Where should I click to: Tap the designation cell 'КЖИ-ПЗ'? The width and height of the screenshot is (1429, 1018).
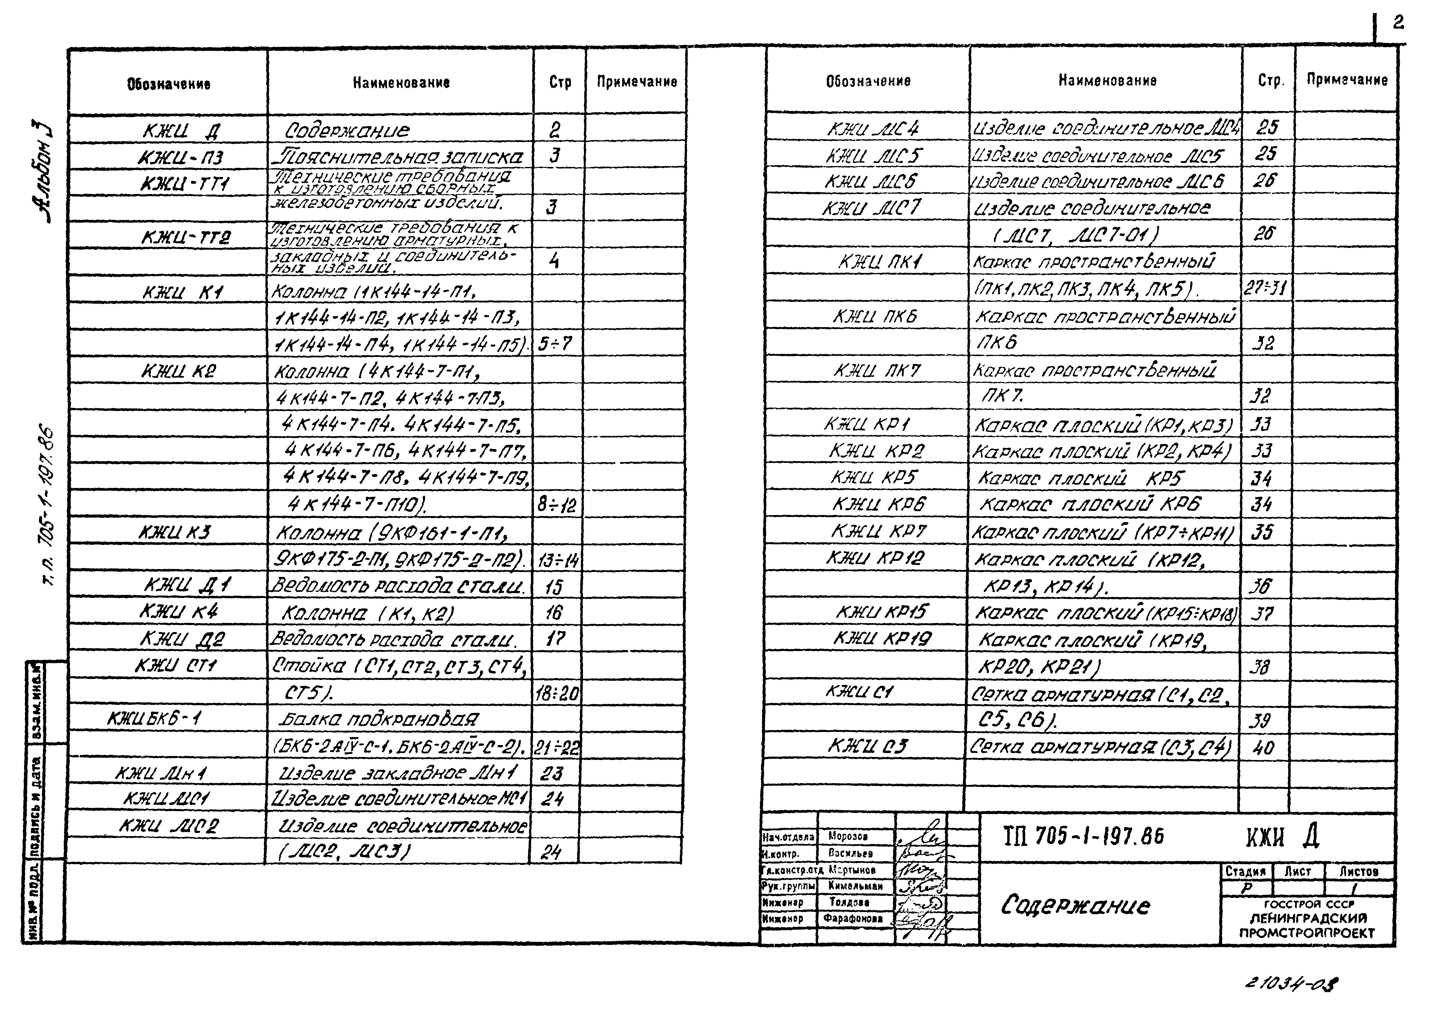[x=179, y=157]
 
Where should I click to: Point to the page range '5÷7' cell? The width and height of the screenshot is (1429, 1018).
[x=556, y=344]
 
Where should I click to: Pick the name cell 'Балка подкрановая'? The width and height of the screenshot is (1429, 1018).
[x=378, y=718]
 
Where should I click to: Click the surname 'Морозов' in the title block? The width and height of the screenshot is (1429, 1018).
[x=848, y=836]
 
